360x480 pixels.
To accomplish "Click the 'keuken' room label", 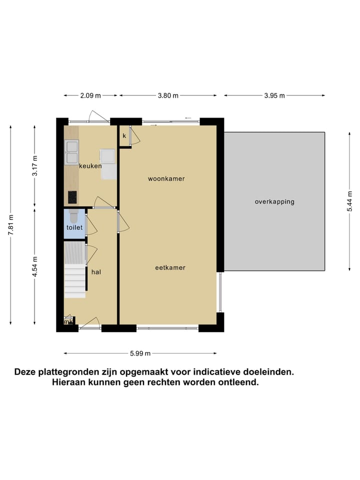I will click(x=90, y=166).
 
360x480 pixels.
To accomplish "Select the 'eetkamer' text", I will click(x=170, y=267).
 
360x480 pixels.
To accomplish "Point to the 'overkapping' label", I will click(x=274, y=202).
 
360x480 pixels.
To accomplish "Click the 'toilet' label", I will click(x=74, y=227).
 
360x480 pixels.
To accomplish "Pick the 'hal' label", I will click(x=96, y=272).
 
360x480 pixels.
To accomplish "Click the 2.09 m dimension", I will click(x=90, y=95).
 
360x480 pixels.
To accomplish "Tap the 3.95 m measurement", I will click(x=274, y=95).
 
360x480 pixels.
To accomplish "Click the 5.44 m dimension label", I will click(x=350, y=202).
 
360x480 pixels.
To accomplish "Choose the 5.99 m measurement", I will click(x=140, y=353).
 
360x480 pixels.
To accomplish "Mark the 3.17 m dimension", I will click(x=34, y=166).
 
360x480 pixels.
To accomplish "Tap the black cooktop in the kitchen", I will click(x=73, y=197).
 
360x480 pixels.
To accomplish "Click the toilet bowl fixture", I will click(x=74, y=216).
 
